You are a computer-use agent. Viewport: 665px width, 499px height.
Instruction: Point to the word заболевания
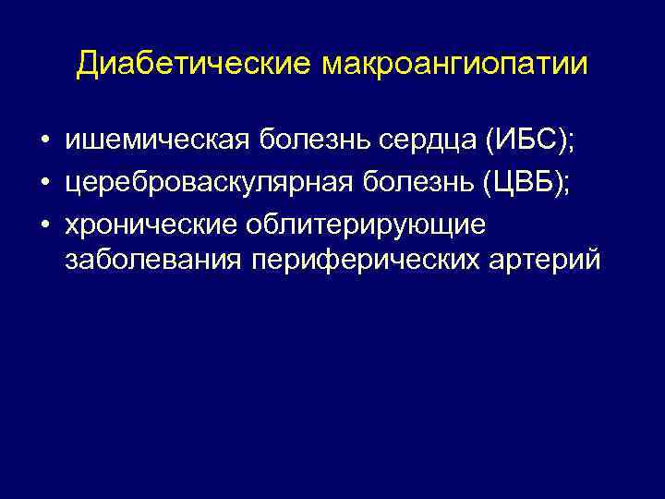pos(151,260)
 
